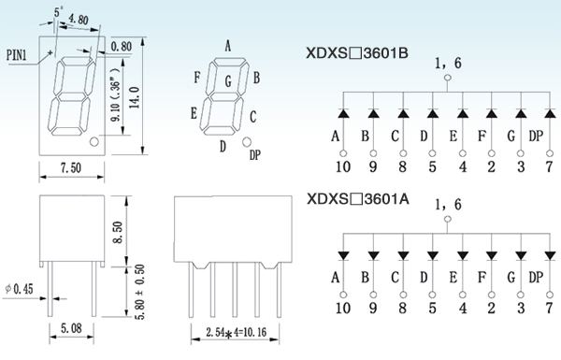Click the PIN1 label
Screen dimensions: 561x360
point(17,55)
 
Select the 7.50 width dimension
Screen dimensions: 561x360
point(71,167)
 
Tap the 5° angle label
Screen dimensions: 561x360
point(58,12)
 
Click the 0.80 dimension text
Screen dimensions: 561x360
point(122,47)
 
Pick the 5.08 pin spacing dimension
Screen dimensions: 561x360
point(71,328)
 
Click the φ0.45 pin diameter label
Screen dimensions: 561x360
point(19,289)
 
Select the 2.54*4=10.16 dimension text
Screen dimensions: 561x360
point(237,333)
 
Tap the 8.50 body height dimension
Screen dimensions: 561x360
point(118,232)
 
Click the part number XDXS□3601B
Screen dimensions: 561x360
point(357,53)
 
